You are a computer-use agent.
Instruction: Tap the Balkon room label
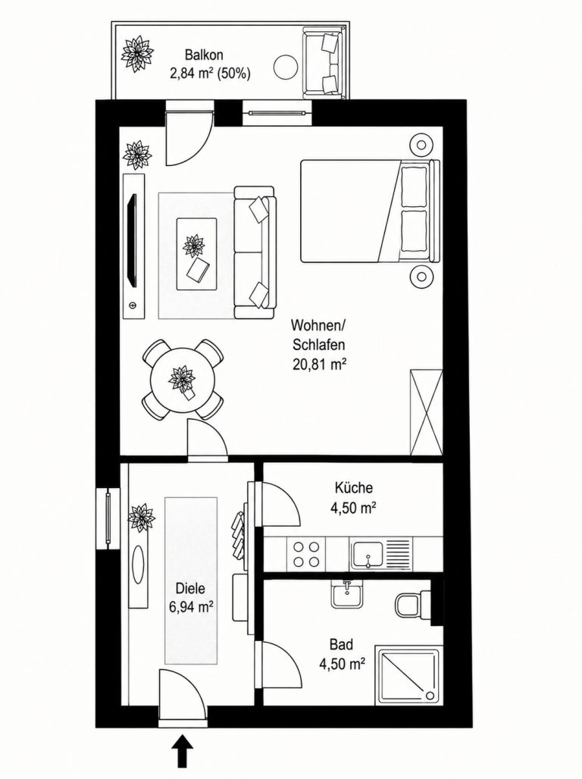tap(204, 55)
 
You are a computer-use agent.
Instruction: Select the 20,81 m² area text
tap(319, 365)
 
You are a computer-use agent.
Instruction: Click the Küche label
tap(353, 488)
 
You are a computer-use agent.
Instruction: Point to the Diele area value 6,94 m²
tap(190, 607)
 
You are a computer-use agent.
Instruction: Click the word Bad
tap(342, 644)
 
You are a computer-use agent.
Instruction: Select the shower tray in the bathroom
tap(408, 675)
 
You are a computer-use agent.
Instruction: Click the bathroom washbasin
tap(348, 594)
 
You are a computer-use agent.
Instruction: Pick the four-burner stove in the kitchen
tap(306, 555)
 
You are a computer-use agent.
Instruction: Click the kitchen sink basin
tap(368, 555)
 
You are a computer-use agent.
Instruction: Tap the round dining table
tap(183, 380)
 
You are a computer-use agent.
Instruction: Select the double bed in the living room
tap(371, 211)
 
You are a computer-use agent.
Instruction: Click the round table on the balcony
tap(286, 67)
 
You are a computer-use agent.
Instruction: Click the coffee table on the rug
tap(196, 254)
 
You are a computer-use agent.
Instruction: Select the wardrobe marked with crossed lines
tap(426, 412)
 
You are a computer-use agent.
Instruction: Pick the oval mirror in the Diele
tap(139, 565)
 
